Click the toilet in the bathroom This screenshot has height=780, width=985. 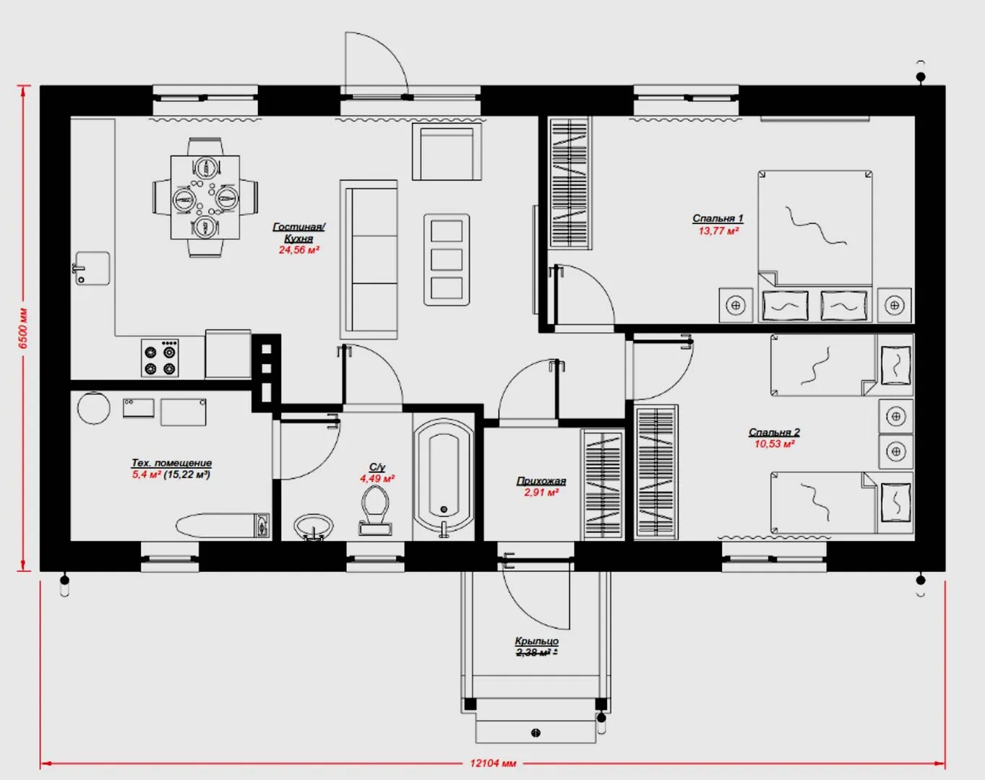click(x=375, y=510)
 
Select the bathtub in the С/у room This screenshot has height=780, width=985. click(x=443, y=477)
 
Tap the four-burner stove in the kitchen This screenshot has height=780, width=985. click(x=160, y=358)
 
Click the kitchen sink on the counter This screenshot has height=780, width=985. click(x=92, y=269)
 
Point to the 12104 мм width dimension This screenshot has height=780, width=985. click(x=493, y=763)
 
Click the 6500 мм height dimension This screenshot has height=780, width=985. click(x=23, y=328)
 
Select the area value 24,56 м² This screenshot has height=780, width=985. click(x=299, y=250)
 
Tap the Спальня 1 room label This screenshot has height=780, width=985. click(x=718, y=218)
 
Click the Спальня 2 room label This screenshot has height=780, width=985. click(x=774, y=432)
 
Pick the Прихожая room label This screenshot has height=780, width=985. click(x=541, y=481)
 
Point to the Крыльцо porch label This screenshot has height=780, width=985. click(x=536, y=641)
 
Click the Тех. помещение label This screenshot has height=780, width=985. click(x=172, y=462)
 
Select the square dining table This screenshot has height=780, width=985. click(x=205, y=197)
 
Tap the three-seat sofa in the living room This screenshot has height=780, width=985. click(x=369, y=260)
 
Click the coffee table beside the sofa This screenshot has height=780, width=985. click(x=447, y=259)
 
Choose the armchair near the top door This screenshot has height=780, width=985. click(x=447, y=152)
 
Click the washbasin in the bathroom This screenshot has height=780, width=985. click(x=314, y=527)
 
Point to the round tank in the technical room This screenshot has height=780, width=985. click(x=94, y=407)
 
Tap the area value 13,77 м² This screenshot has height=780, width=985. click(x=718, y=230)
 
